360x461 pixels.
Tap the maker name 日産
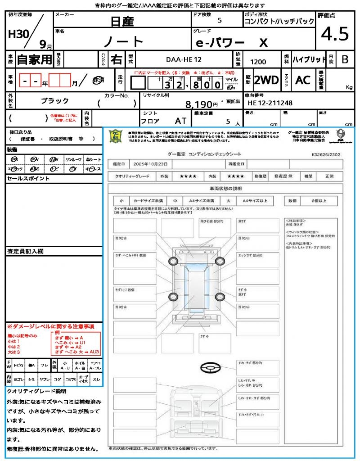[x=123, y=21]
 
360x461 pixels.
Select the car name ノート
[x=123, y=41]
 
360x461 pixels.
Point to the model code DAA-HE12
[x=184, y=59]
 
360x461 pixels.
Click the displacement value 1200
[x=258, y=62]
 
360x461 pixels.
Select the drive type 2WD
[x=266, y=80]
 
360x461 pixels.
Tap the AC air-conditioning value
[x=303, y=80]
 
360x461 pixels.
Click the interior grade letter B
[x=345, y=59]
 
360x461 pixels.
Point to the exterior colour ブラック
[x=55, y=101]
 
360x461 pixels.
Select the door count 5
[x=219, y=20]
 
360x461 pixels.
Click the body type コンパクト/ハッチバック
[x=279, y=22]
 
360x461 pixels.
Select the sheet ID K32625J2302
[x=325, y=154]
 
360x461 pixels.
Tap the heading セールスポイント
[x=22, y=179]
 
